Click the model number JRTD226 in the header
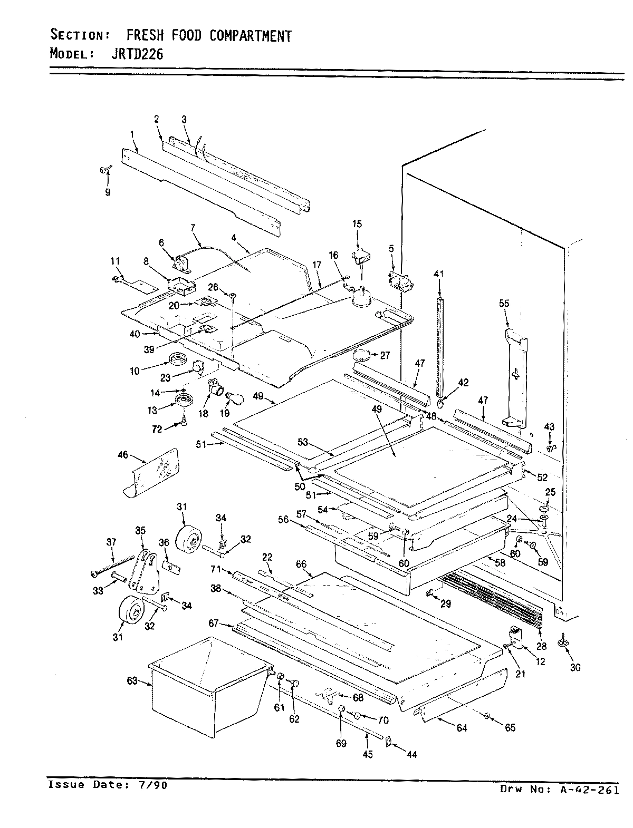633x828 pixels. coord(130,53)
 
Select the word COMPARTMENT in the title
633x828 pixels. coord(250,35)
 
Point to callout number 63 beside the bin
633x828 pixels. coord(131,681)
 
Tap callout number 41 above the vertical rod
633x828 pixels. coord(439,274)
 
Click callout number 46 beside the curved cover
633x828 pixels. coord(122,455)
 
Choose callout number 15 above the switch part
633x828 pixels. coord(357,224)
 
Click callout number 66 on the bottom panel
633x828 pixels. coord(301,564)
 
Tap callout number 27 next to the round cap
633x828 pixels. coord(385,355)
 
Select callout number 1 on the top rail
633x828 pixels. coord(132,134)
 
